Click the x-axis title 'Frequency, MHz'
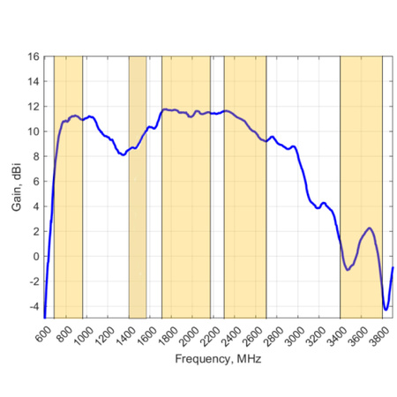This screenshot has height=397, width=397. point(218,360)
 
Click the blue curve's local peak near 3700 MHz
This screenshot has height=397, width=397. point(370,228)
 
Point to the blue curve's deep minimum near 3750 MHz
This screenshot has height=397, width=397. point(386,309)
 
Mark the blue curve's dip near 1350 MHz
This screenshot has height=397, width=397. point(123,154)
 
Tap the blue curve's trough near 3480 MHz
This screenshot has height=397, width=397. point(348,269)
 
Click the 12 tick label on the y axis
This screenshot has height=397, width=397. point(34,107)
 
